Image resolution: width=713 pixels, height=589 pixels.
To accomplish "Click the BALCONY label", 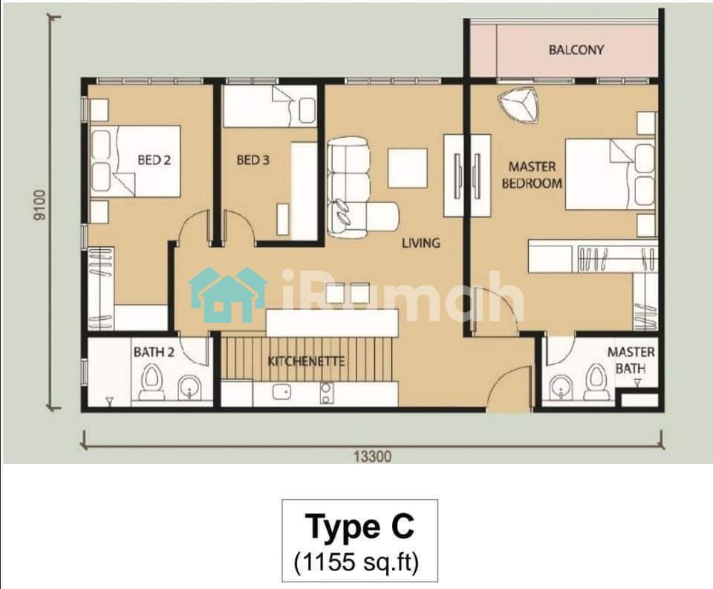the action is click(x=576, y=50).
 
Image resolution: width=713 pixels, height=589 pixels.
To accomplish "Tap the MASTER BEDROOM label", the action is click(x=532, y=175).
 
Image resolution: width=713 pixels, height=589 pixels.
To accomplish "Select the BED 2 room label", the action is click(x=154, y=160).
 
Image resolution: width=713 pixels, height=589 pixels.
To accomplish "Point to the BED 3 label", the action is click(x=253, y=160).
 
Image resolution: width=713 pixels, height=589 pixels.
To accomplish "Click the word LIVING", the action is click(x=421, y=242).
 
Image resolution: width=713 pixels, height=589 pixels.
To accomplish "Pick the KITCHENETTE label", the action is click(x=306, y=361).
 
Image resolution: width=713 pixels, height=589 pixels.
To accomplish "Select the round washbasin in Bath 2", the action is click(x=188, y=387).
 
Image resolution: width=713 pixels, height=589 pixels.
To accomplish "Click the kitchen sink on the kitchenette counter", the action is click(x=281, y=391).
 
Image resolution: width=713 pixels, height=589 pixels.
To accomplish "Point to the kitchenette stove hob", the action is click(x=326, y=393).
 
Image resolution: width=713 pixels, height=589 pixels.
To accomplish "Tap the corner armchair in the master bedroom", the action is click(x=518, y=105).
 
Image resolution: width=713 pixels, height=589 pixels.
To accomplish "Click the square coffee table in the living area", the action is click(x=408, y=168).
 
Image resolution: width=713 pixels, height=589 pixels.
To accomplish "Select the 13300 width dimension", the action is click(x=372, y=456).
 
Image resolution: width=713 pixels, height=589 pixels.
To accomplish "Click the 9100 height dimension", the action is click(x=40, y=205).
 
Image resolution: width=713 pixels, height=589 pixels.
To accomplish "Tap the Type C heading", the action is click(x=359, y=526).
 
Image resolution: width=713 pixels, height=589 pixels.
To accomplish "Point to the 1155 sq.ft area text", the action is click(x=356, y=561).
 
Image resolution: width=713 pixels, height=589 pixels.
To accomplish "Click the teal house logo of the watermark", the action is click(x=228, y=294).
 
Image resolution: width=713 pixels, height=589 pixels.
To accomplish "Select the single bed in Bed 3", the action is click(x=270, y=106).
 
